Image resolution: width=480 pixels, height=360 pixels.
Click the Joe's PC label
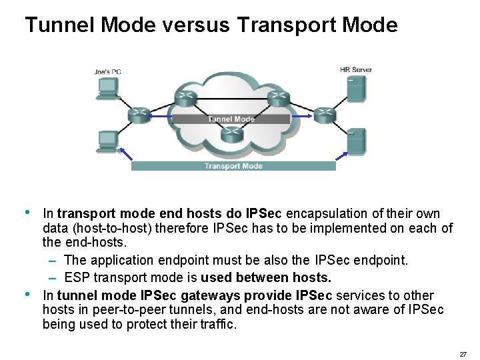click(107, 71)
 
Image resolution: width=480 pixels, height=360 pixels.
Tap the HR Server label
click(356, 69)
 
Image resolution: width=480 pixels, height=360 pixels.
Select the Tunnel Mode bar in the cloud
click(231, 119)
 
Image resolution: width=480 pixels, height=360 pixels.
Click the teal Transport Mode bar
click(233, 166)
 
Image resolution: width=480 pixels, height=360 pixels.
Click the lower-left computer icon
click(107, 142)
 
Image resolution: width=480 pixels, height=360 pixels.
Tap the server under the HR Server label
click(355, 88)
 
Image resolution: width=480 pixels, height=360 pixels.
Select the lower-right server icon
click(356, 141)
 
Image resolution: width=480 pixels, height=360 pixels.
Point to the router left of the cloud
click(139, 115)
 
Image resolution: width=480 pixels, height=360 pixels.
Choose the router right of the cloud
click(324, 114)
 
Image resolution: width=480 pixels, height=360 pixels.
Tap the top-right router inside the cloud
click(278, 98)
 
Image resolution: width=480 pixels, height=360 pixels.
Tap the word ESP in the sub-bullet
click(77, 277)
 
